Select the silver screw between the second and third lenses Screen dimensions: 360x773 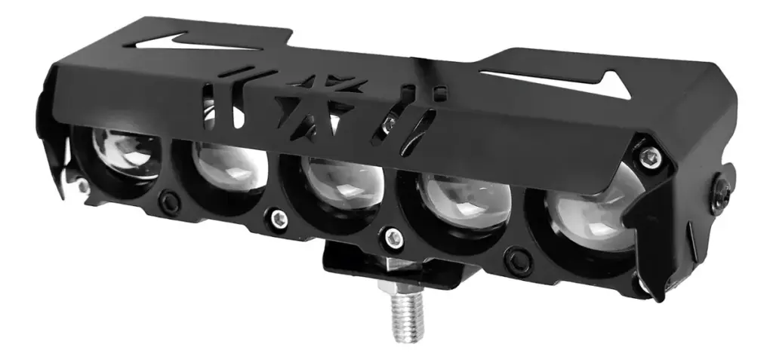click(279, 219)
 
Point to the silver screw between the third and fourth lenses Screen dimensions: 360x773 click(391, 238)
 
